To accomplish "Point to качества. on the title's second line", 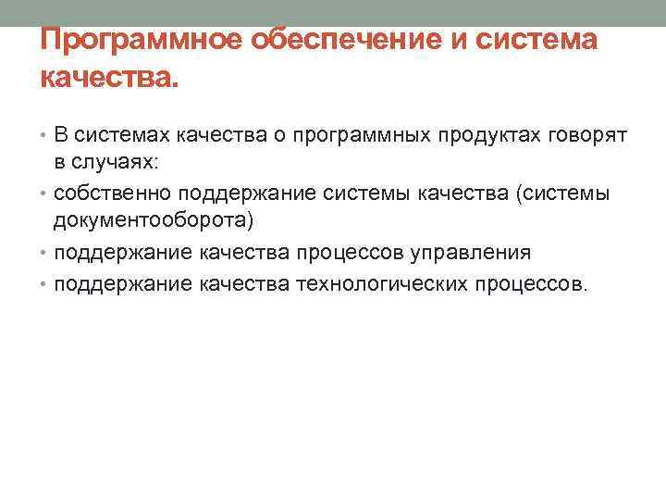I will click(106, 81).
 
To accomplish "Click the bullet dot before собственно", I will click(45, 194).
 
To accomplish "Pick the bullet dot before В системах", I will click(45, 137).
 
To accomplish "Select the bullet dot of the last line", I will click(45, 282).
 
